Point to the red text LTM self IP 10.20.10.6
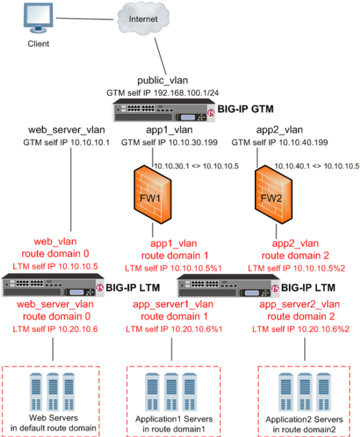(53, 328)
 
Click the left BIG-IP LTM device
(51, 286)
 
